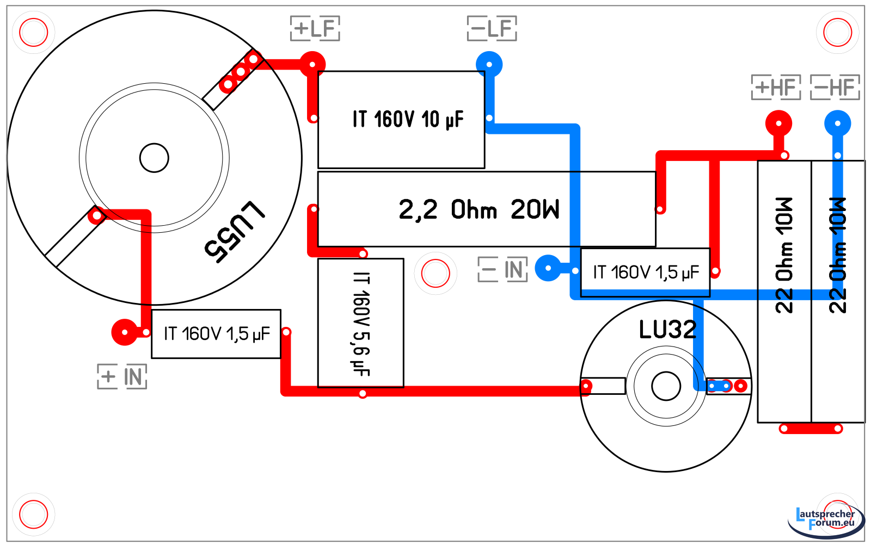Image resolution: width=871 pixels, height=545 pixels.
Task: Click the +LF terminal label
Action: pos(315,28)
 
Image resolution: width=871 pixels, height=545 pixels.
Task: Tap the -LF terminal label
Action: pos(492,28)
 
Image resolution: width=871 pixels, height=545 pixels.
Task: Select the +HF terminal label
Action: pos(776,88)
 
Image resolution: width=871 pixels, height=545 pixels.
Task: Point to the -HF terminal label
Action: pos(835,88)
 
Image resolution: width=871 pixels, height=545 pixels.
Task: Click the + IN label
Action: pos(122,376)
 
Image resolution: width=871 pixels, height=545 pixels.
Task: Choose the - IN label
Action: pos(502,269)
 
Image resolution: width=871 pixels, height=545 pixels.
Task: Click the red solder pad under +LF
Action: pos(312,65)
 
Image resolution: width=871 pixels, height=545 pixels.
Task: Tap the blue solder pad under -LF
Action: pos(489,65)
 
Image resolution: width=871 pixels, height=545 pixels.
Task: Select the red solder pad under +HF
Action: pos(778,123)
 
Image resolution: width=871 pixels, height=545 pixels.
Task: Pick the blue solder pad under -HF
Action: pos(837,123)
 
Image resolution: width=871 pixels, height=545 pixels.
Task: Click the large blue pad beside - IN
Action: pos(548,268)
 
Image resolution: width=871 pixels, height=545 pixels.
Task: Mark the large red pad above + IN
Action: pos(125,332)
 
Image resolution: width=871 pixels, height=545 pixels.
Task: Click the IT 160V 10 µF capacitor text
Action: pos(408,119)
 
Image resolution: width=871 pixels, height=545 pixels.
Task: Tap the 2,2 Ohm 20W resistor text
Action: pos(479,209)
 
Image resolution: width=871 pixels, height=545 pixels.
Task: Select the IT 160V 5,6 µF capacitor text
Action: pos(361,324)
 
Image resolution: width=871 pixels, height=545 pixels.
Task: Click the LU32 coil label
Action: pos(667,330)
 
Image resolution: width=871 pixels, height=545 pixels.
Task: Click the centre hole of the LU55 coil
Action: pos(154,158)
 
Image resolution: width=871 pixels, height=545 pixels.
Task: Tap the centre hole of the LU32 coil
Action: pos(666,386)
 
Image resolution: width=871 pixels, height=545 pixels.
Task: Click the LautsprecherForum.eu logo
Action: pos(825,520)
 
